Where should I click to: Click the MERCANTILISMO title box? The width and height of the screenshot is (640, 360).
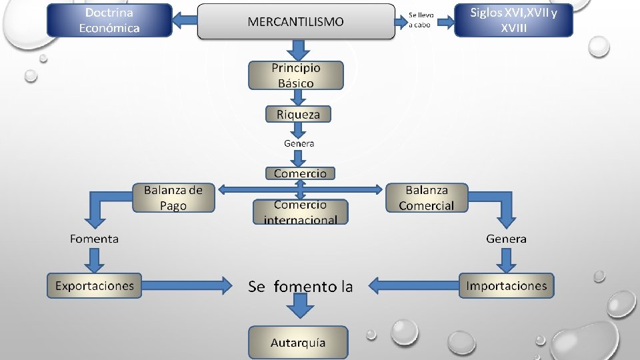tap(296, 21)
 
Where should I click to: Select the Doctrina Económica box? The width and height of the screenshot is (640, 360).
tap(109, 21)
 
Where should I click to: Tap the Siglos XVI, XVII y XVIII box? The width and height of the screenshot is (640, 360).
tap(513, 21)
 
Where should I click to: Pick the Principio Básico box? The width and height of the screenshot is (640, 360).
tap(296, 75)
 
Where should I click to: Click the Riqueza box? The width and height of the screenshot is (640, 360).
tap(298, 114)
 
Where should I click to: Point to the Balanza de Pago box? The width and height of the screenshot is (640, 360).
tap(173, 198)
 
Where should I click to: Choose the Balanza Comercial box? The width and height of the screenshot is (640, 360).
tap(427, 198)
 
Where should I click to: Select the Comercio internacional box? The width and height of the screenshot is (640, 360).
tap(301, 212)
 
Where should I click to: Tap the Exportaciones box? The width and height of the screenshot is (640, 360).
tap(94, 286)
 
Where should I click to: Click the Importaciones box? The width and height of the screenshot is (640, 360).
tap(506, 286)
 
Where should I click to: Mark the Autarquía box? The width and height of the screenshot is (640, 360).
tap(298, 343)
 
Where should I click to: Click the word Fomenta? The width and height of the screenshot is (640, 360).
tap(94, 239)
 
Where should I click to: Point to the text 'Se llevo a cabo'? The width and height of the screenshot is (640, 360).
tap(421, 20)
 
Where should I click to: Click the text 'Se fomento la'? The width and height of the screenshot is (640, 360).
tap(301, 287)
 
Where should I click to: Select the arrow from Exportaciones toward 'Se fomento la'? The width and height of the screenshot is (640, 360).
tap(187, 285)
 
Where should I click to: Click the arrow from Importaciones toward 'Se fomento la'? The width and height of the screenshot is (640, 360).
tap(413, 285)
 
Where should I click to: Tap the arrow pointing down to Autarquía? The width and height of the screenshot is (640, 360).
tap(300, 306)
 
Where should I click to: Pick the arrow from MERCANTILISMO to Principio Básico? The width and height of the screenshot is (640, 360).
tap(299, 50)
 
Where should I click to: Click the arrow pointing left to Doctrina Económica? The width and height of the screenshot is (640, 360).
tap(185, 20)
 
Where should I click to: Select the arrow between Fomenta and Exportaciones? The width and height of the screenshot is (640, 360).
tap(94, 261)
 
